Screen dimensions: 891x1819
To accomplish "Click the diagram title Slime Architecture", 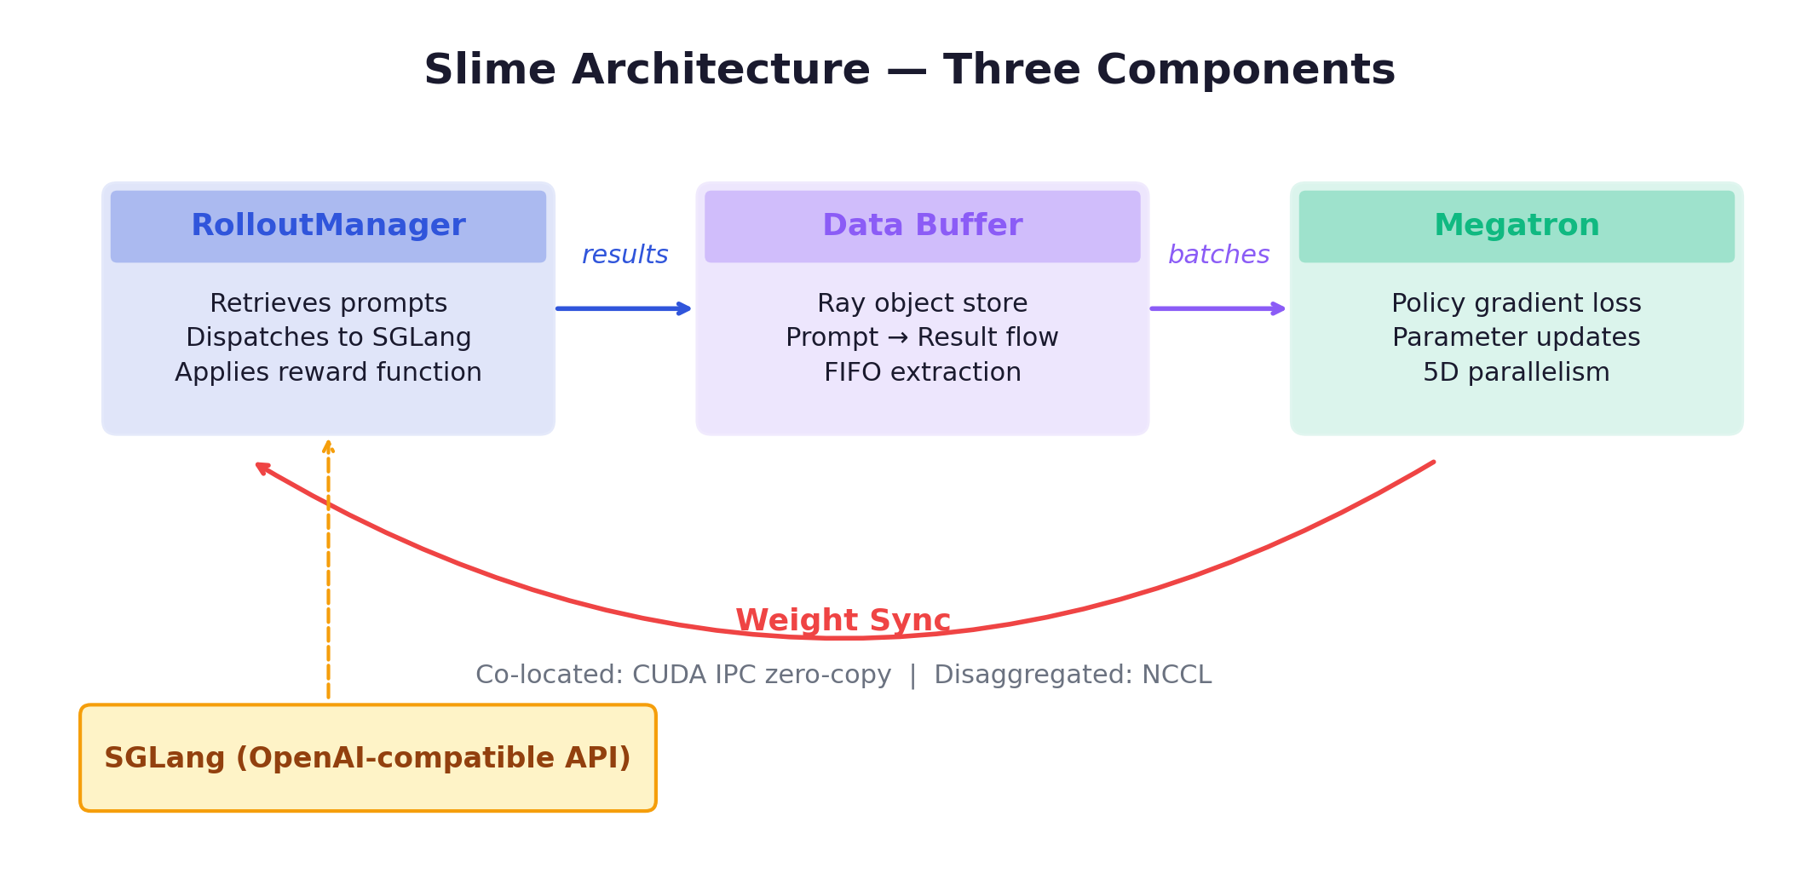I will pos(909,69).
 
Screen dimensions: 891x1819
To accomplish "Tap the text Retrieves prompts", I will pos(328,303).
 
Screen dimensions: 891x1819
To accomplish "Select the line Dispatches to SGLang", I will pos(328,337).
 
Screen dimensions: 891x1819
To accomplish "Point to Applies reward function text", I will pos(328,372).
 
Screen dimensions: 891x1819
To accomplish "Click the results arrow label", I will pos(625,255).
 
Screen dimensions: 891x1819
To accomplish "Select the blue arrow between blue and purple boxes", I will pos(622,308).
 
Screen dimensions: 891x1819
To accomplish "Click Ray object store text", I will pos(922,303).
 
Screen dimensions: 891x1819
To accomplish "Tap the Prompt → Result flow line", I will pos(922,337).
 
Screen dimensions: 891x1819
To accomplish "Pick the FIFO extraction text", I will pos(922,372).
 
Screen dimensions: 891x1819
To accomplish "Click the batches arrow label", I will pos(1218,255).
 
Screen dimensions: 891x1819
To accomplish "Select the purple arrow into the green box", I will pos(1217,308).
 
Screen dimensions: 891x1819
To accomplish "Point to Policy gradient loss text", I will pos(1516,303).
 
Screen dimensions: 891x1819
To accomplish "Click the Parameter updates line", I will pos(1516,337).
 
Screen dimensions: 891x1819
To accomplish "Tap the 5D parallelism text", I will pos(1516,372).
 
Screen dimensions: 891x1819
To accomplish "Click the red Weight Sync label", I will pos(843,620).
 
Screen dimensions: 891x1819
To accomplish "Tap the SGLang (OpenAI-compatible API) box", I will pos(367,758).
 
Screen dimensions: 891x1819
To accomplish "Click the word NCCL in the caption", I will pos(1177,675).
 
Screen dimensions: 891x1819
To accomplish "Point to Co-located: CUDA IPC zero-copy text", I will pos(682,675).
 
